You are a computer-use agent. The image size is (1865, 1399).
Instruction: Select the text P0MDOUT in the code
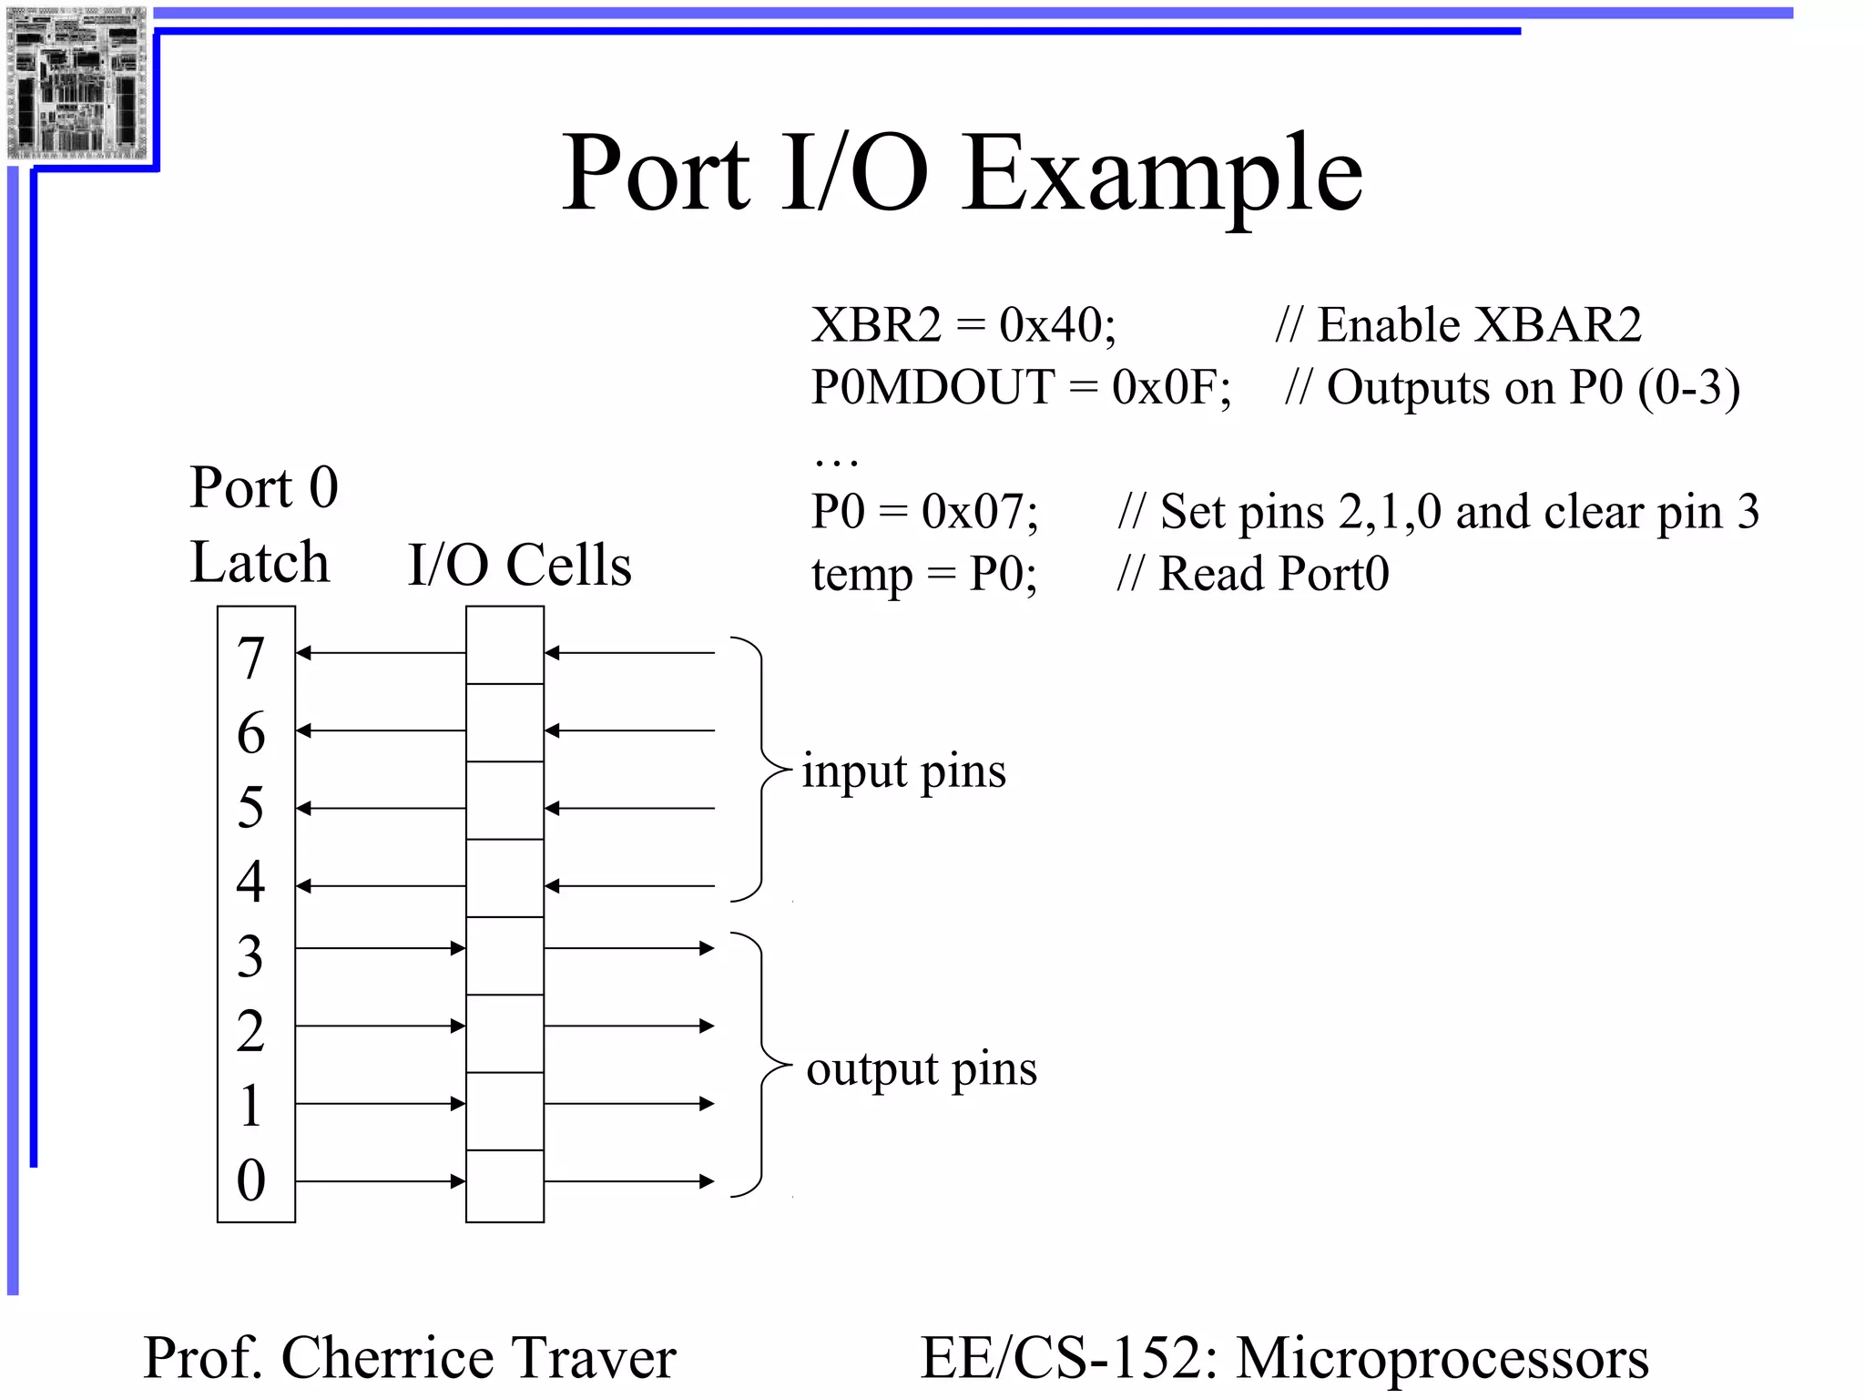click(x=932, y=387)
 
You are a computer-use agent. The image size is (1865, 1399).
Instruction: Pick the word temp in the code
click(x=861, y=576)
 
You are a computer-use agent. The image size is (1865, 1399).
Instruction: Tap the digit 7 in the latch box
click(x=251, y=658)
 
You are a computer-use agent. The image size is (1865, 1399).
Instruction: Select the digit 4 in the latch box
click(x=251, y=882)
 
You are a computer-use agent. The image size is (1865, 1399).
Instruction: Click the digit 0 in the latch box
click(x=251, y=1180)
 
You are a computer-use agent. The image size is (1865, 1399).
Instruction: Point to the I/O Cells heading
click(x=519, y=565)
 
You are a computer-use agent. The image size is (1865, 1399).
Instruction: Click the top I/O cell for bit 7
click(x=504, y=646)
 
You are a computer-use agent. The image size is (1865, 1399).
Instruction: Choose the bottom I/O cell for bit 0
click(x=504, y=1186)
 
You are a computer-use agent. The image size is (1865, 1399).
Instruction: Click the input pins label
click(x=903, y=772)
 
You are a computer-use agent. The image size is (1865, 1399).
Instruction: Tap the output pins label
click(x=922, y=1069)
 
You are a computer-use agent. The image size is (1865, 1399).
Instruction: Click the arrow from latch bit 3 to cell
click(x=381, y=948)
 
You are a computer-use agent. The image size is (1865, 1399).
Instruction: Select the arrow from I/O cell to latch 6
click(x=381, y=730)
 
